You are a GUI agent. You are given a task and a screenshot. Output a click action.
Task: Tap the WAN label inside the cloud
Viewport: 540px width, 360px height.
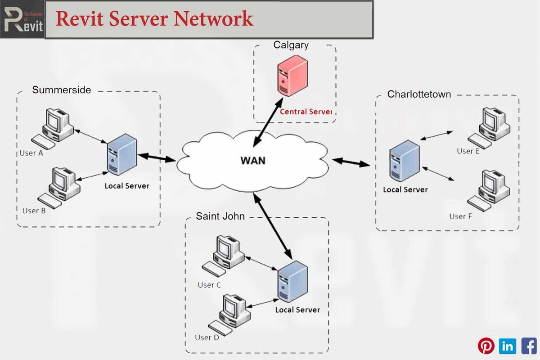click(x=252, y=161)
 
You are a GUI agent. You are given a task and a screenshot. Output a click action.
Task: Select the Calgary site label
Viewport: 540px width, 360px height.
click(x=291, y=45)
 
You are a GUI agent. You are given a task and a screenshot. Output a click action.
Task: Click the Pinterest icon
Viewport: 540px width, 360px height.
click(x=486, y=346)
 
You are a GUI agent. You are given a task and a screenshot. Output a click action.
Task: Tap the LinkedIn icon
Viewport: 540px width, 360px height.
click(x=508, y=346)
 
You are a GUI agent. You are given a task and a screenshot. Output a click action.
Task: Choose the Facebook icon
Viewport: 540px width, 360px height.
click(x=529, y=346)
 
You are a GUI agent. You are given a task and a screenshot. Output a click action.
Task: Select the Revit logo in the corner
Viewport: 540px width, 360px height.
click(x=22, y=19)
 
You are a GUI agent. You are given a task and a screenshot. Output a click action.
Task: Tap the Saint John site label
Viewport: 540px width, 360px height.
click(x=220, y=216)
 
